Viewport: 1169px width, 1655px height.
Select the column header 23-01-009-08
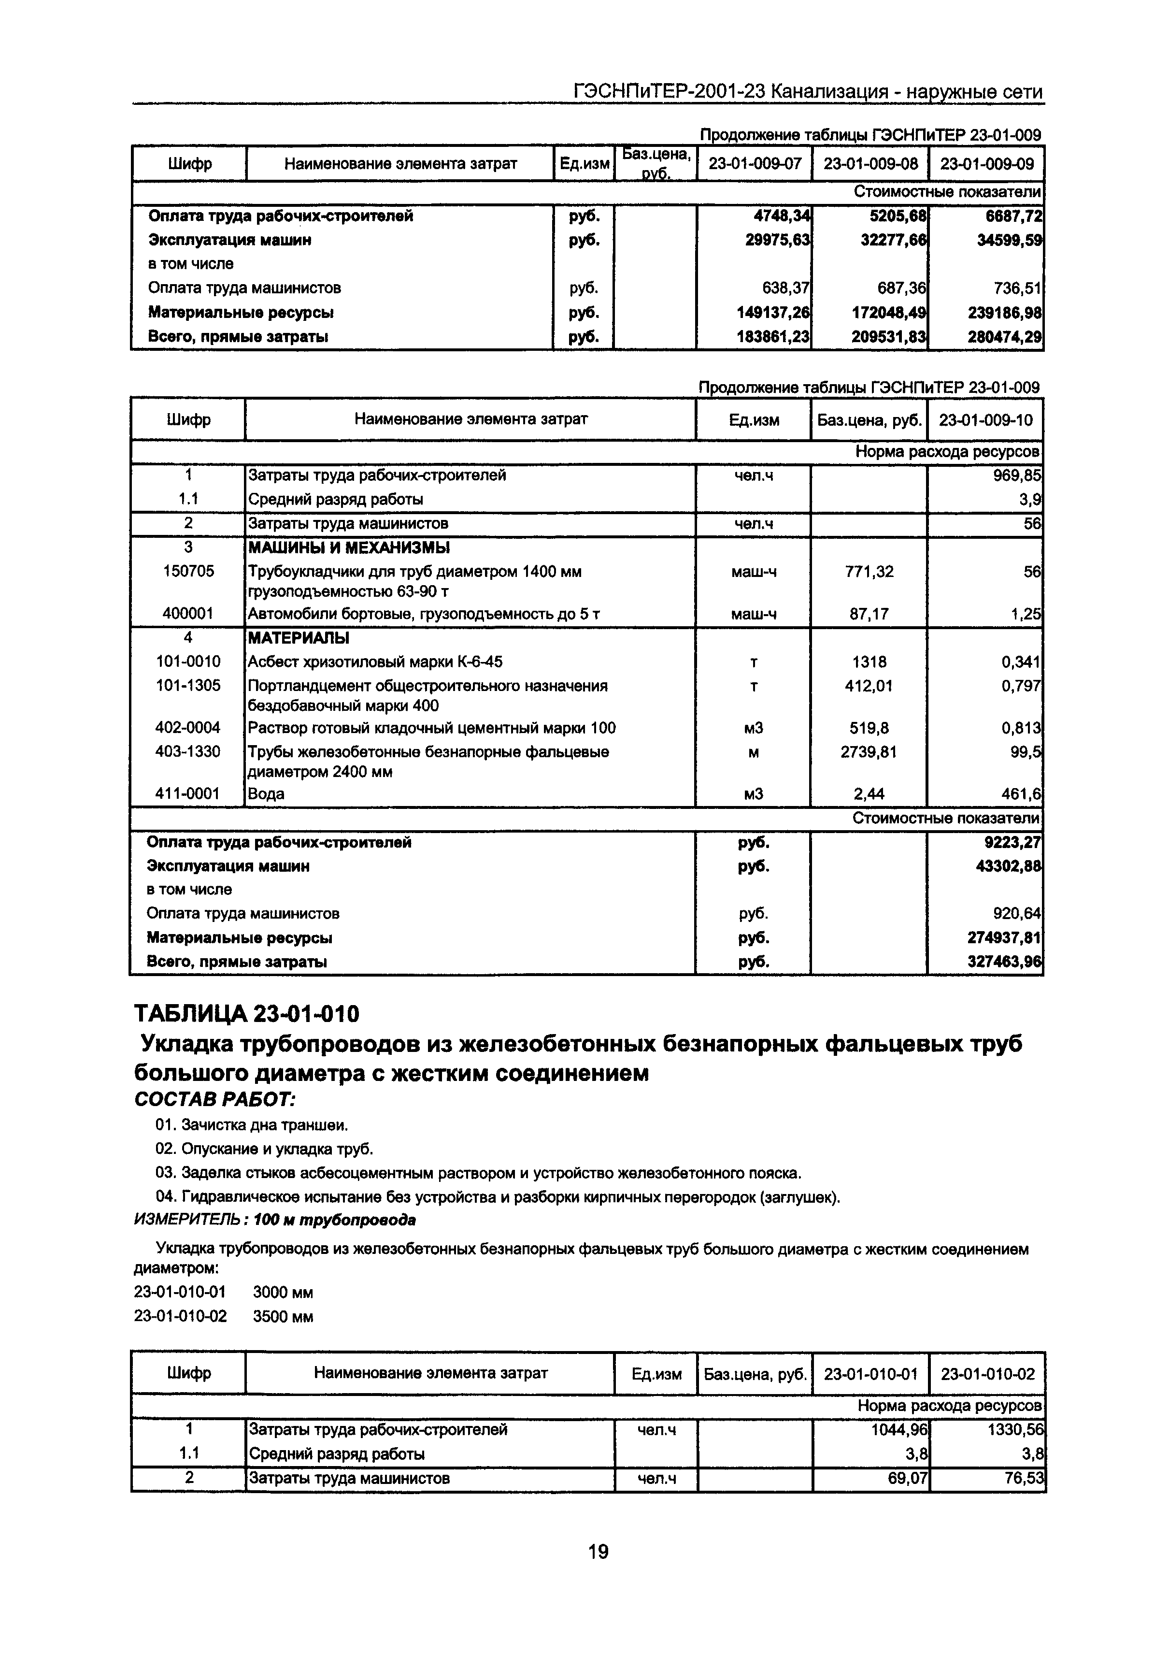[870, 164]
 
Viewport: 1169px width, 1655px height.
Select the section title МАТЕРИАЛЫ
[299, 638]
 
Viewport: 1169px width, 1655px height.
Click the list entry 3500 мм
[283, 1317]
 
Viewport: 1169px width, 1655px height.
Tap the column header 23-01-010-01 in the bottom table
[870, 1374]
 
